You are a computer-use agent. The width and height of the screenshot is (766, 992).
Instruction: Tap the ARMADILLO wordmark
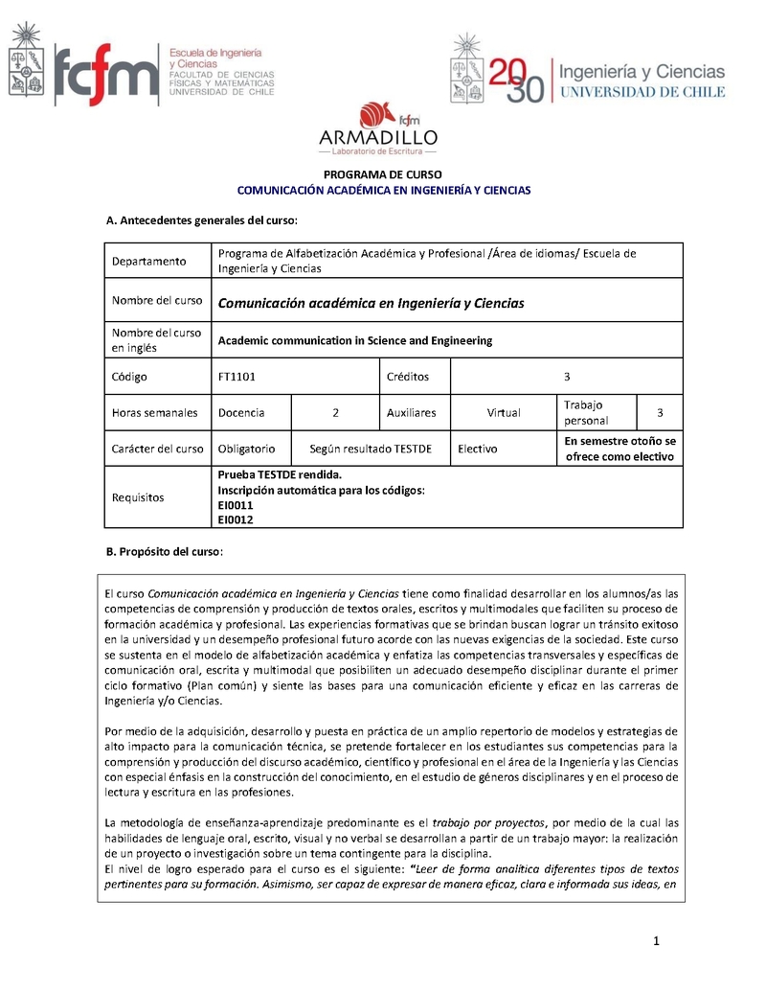point(378,137)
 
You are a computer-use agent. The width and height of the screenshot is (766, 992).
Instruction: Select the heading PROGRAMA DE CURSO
point(383,174)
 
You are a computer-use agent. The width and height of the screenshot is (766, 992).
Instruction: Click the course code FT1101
point(237,377)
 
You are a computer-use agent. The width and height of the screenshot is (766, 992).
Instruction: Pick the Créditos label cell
point(407,377)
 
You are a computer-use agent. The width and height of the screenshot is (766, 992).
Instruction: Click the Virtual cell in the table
point(503,413)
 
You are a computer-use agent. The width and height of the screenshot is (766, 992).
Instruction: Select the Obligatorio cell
point(246,449)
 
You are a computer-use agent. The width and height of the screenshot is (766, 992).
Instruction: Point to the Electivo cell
point(478,449)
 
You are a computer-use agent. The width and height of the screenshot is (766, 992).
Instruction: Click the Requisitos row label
point(138,497)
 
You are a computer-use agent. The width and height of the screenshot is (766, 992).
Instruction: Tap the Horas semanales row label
point(154,413)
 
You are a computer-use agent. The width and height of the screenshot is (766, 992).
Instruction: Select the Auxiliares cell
point(411,413)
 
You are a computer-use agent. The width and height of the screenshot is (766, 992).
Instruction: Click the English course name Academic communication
point(354,340)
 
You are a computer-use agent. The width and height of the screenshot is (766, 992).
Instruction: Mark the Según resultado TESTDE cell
point(371,449)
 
